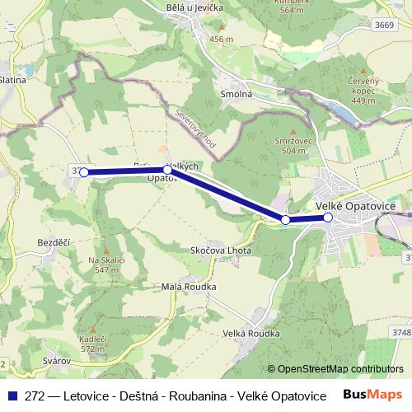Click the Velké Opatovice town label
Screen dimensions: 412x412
click(356, 204)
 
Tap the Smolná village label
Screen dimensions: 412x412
click(236, 95)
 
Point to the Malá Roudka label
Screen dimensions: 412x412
click(189, 286)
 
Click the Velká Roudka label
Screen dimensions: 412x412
click(251, 333)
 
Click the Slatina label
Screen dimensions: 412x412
click(14, 81)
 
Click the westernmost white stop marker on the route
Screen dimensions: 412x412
click(83, 172)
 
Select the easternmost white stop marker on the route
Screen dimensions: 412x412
click(328, 218)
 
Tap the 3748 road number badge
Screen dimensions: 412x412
click(400, 332)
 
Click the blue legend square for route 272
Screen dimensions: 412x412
click(12, 396)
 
